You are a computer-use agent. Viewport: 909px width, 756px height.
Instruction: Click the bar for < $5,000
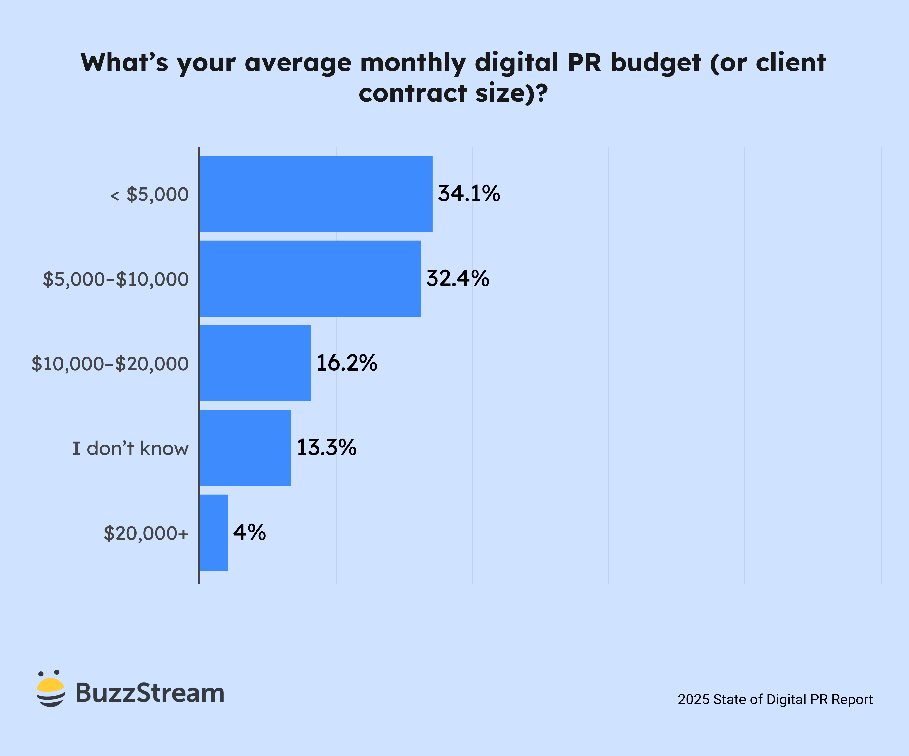pyautogui.click(x=316, y=194)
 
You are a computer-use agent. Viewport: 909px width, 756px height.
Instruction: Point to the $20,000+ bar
pyautogui.click(x=214, y=533)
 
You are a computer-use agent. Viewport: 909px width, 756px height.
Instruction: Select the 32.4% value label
pyautogui.click(x=458, y=278)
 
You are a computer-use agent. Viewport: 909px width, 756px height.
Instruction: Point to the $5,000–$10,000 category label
pyautogui.click(x=116, y=279)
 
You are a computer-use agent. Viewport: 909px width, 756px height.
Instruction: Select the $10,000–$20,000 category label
pyautogui.click(x=110, y=364)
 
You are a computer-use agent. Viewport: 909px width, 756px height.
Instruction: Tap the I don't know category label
pyautogui.click(x=130, y=449)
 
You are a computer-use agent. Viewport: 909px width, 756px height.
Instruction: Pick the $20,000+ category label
pyautogui.click(x=146, y=534)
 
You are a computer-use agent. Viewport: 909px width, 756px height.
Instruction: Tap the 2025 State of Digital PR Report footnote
pyautogui.click(x=775, y=699)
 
